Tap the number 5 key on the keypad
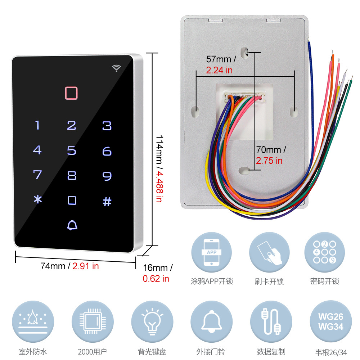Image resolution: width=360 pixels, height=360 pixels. pyautogui.click(x=72, y=150)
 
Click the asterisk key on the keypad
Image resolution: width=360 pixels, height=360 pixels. pyautogui.click(x=38, y=200)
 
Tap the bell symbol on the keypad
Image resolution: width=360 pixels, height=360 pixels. pyautogui.click(x=72, y=225)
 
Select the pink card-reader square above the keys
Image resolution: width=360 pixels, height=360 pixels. pyautogui.click(x=71, y=93)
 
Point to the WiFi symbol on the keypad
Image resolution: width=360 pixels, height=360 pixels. pyautogui.click(x=116, y=68)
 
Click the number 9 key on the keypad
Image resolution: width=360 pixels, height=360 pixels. pyautogui.click(x=107, y=176)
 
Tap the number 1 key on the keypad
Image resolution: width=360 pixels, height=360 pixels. pyautogui.click(x=37, y=125)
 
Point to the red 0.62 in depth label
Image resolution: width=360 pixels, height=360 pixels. pyautogui.click(x=156, y=278)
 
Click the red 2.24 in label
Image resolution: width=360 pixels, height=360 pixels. pyautogui.click(x=219, y=70)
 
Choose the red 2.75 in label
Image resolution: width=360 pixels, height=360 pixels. pyautogui.click(x=269, y=161)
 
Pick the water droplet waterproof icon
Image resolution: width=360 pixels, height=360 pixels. pyautogui.click(x=33, y=321)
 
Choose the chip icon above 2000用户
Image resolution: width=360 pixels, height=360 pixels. pyautogui.click(x=92, y=321)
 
